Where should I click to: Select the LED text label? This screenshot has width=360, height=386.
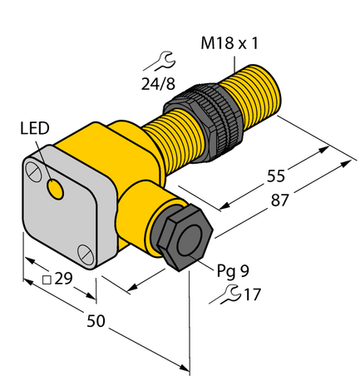(35, 128)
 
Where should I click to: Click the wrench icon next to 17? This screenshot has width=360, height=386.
(228, 292)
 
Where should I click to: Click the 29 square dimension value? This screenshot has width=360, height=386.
(62, 278)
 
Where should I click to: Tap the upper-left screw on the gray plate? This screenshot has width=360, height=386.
(33, 172)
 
